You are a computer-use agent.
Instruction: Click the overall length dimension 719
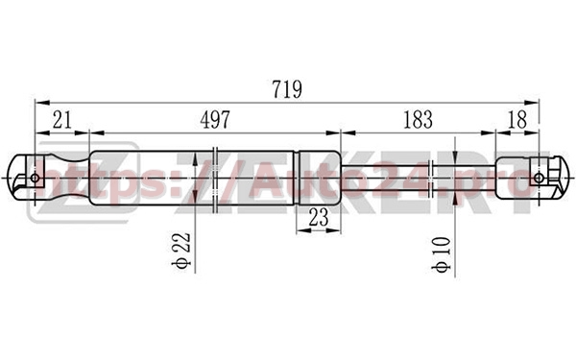coord(287,89)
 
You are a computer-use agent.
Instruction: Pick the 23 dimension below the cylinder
coord(319,218)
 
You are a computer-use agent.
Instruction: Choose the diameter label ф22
coord(181,251)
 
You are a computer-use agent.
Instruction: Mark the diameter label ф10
coord(442,254)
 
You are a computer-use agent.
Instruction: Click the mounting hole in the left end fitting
coord(36,179)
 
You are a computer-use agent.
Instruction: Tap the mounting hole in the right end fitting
coord(539,179)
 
